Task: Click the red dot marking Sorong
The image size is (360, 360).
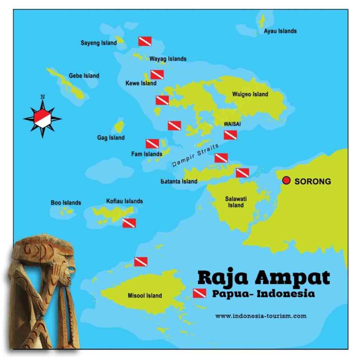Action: click(287, 181)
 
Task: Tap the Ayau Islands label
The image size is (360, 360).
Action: click(280, 31)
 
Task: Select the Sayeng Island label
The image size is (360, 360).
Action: click(98, 43)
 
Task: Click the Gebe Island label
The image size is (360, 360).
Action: click(84, 76)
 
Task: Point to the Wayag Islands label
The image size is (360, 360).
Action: click(168, 59)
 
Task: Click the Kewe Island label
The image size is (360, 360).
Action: click(141, 83)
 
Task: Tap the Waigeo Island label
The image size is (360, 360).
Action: click(250, 94)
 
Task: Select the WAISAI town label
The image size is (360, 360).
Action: click(232, 124)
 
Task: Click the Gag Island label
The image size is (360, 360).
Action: click(111, 138)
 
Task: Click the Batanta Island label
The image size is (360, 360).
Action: click(179, 181)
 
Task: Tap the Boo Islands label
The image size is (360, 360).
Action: click(66, 202)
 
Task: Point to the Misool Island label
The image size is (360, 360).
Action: click(145, 296)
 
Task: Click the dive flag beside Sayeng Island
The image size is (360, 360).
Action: click(145, 41)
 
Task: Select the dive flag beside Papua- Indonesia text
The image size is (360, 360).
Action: click(199, 293)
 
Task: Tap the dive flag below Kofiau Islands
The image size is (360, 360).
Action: click(129, 223)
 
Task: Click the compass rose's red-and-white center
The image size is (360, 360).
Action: click(43, 118)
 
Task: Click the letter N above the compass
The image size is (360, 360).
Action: click(43, 97)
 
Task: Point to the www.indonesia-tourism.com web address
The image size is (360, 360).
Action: click(261, 316)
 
